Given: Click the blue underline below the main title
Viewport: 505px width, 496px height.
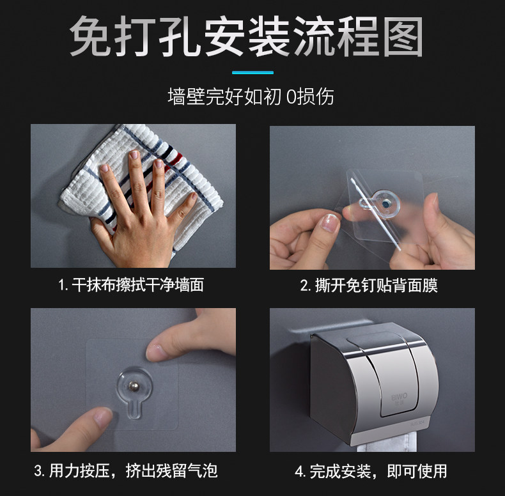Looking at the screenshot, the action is [253, 72].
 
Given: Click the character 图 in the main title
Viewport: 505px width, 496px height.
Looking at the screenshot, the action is [403, 36].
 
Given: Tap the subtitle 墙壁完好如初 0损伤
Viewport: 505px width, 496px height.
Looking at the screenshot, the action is [251, 97].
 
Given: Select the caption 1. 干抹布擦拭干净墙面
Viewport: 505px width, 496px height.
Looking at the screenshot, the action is [131, 284].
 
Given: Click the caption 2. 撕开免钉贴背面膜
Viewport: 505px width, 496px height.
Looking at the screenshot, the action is [369, 285].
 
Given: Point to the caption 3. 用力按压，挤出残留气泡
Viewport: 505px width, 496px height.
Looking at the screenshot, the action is [126, 471].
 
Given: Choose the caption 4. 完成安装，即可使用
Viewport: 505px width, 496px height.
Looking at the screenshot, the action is [371, 471].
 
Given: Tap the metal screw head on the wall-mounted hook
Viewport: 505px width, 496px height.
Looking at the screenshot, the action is [134, 386].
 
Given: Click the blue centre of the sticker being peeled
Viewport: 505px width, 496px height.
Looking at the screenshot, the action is [385, 204].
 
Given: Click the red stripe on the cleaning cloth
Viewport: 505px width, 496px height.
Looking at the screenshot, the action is [177, 160].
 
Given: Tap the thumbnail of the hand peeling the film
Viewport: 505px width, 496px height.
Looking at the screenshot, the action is [330, 223].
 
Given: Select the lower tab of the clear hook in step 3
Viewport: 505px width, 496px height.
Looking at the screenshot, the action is [134, 409].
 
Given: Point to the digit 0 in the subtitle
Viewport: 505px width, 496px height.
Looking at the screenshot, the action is [291, 97].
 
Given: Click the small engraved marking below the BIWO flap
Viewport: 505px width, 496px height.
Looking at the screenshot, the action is [417, 423].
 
